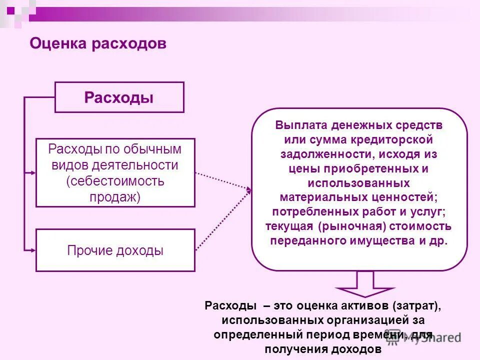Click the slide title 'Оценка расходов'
coord(98,44)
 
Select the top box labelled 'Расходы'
coord(119,97)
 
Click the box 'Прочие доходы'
coord(115,250)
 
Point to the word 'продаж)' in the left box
coord(115,197)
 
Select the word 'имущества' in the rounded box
coord(378,240)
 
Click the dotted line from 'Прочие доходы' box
coord(222,220)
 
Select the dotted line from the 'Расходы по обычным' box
coord(222,180)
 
